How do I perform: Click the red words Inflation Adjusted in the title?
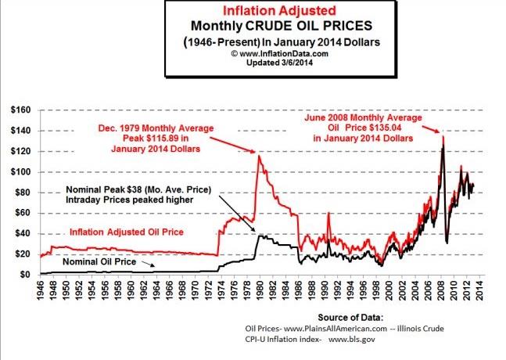click(256, 13)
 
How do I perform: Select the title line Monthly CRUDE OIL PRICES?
click(256, 27)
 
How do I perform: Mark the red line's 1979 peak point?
click(258, 156)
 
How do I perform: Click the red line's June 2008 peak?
click(443, 137)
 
